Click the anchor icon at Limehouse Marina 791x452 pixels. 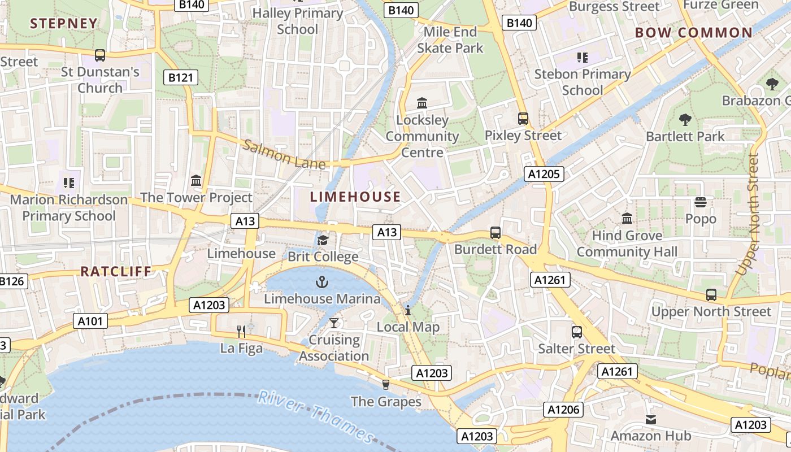tap(321, 281)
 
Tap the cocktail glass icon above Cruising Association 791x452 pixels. tap(334, 323)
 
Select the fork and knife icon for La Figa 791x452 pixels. tap(241, 331)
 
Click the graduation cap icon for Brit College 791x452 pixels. tap(323, 240)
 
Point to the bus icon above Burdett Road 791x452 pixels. tap(496, 232)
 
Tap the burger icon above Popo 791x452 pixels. tap(701, 202)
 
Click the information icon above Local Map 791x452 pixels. tap(408, 310)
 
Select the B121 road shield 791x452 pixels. tap(181, 78)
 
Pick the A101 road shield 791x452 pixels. tap(90, 321)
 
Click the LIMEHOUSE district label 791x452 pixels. tap(355, 197)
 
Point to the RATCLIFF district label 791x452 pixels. tap(116, 271)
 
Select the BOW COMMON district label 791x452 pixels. tap(693, 33)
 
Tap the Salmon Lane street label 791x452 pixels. tap(284, 154)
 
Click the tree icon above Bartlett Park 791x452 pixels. tap(685, 119)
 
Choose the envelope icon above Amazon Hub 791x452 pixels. tap(651, 419)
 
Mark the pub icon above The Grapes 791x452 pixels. tap(386, 384)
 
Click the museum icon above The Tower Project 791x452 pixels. tap(196, 180)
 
